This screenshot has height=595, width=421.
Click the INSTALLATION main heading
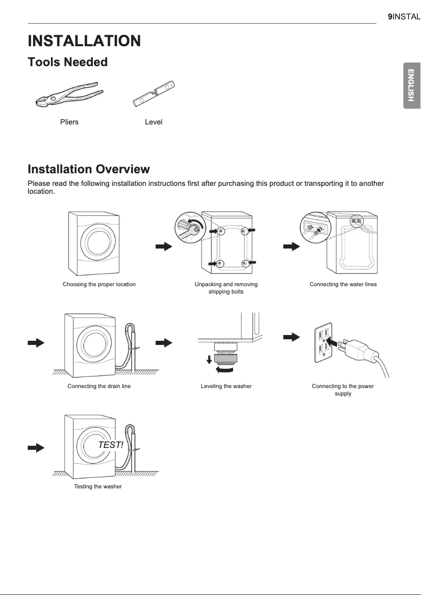(84, 41)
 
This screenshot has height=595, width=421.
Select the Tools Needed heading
(67, 62)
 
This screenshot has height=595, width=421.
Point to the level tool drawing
(153, 94)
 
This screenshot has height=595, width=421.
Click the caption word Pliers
(69, 122)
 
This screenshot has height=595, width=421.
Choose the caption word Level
(153, 122)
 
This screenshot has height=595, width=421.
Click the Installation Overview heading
(88, 169)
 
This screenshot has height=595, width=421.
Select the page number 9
(390, 17)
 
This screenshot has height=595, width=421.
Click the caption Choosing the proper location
(99, 284)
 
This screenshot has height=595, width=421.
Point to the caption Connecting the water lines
(343, 284)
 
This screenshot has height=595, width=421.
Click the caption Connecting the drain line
(99, 386)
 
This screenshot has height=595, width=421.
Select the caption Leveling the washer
(226, 386)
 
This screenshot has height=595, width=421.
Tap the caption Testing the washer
(98, 486)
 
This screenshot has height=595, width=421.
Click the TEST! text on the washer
(111, 445)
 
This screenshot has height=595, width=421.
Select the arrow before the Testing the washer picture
(36, 447)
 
